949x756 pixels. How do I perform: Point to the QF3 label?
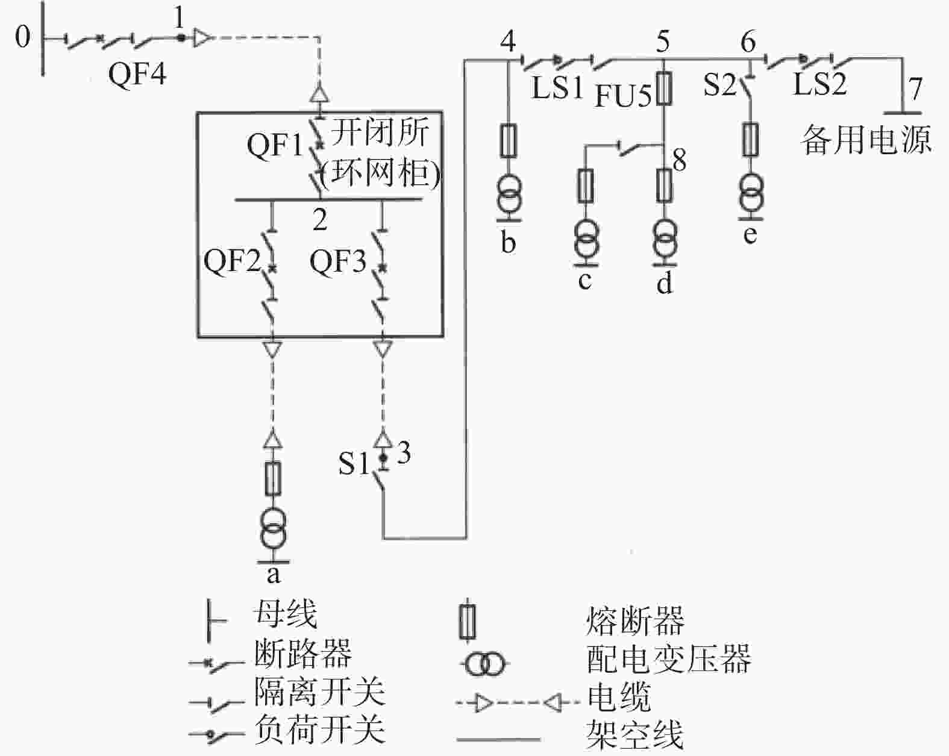[x=338, y=261]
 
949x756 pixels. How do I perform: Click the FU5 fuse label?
[x=623, y=96]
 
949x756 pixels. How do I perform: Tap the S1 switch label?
[x=353, y=464]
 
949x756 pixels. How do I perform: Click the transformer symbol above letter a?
[x=274, y=528]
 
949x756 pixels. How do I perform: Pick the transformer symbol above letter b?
[x=509, y=194]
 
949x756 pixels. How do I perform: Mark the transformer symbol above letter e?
[x=751, y=192]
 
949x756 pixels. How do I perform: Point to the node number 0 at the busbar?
[x=22, y=36]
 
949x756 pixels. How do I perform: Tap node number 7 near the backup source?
[x=915, y=88]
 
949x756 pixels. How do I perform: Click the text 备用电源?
[x=866, y=139]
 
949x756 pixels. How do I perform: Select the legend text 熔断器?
[x=635, y=620]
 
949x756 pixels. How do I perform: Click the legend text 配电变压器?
[x=669, y=659]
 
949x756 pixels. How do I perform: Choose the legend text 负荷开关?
[x=320, y=729]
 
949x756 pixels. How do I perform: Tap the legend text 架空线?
[x=635, y=734]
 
